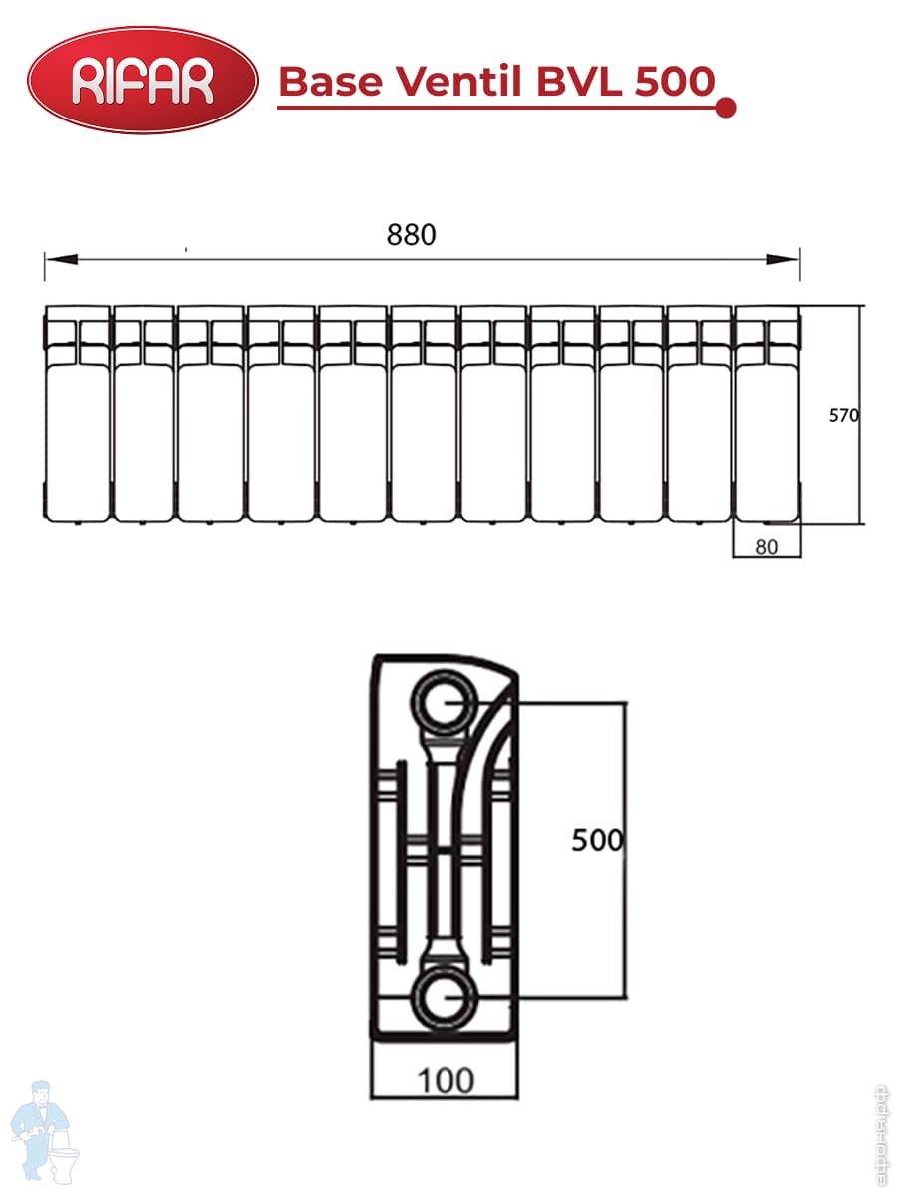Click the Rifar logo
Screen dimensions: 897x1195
[143, 80]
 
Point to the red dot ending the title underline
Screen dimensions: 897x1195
[725, 108]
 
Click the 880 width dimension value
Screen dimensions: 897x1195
[411, 235]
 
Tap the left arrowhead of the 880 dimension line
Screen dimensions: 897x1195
[61, 259]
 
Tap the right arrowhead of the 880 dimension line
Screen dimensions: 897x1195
[782, 259]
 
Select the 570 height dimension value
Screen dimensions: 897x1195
[843, 416]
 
